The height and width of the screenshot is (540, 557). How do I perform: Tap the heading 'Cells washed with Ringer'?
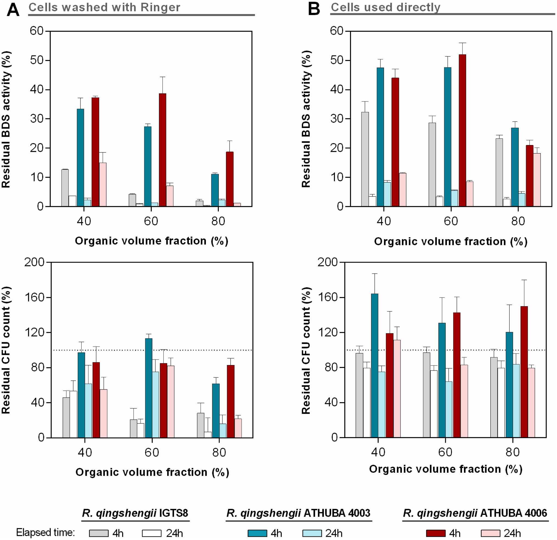click(x=104, y=7)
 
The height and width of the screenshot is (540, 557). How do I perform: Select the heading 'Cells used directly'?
click(x=385, y=7)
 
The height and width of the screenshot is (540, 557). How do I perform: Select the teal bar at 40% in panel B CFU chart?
click(x=374, y=365)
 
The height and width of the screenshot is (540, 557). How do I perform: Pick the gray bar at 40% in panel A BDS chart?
click(x=65, y=188)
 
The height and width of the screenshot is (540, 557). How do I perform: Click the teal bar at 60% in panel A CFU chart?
click(x=149, y=388)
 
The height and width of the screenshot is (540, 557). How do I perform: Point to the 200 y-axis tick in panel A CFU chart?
click(x=34, y=262)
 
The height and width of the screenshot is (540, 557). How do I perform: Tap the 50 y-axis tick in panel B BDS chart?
click(x=337, y=60)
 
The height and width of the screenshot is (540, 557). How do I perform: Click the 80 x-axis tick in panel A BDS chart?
click(x=218, y=221)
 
